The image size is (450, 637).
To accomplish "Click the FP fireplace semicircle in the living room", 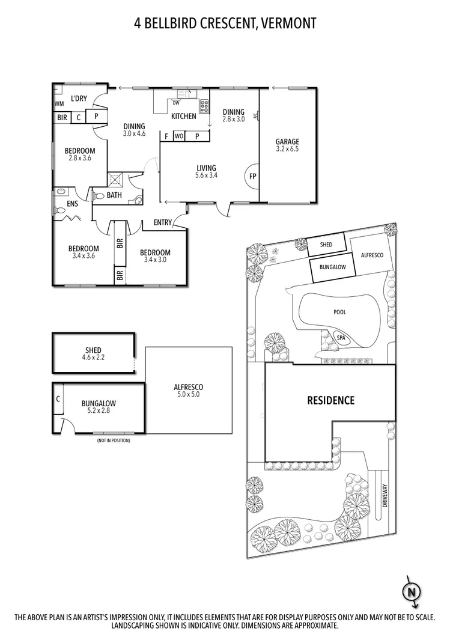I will pyautogui.click(x=252, y=177).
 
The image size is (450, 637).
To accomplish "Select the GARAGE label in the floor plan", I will pyautogui.click(x=287, y=142).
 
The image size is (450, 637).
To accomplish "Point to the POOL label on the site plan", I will pyautogui.click(x=340, y=312).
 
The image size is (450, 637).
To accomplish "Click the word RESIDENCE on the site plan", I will pyautogui.click(x=331, y=400).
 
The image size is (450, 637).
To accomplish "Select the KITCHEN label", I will pyautogui.click(x=184, y=117).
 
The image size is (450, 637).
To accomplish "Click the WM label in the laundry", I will pyautogui.click(x=59, y=103).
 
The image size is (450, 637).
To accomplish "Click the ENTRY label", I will pyautogui.click(x=162, y=223).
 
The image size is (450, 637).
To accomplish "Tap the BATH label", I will pyautogui.click(x=114, y=195).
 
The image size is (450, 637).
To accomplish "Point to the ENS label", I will pyautogui.click(x=73, y=204).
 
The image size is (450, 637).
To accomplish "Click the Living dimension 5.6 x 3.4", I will pyautogui.click(x=205, y=176).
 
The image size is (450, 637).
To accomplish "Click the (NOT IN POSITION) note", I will pyautogui.click(x=113, y=440).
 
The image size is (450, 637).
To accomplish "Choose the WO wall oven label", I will pyautogui.click(x=178, y=136).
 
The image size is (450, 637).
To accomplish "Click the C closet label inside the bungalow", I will pyautogui.click(x=58, y=398).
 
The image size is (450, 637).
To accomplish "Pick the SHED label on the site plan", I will pyautogui.click(x=326, y=245).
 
